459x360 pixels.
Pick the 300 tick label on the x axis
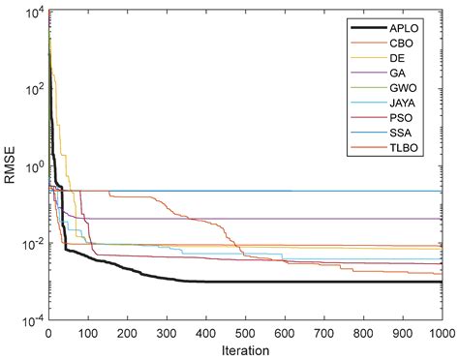coord(167,332)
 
